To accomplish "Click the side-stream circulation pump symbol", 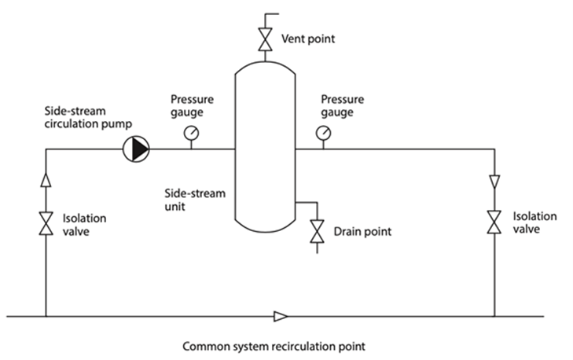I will (x=135, y=149).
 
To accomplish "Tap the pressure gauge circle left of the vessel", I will (x=191, y=134).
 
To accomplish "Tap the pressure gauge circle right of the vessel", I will (x=323, y=134).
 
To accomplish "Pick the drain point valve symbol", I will (x=317, y=232).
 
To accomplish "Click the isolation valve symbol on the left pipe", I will (x=46, y=222).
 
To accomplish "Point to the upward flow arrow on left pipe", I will (x=46, y=180).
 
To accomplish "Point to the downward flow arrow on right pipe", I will (x=494, y=182).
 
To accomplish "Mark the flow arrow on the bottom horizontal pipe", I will (x=280, y=317).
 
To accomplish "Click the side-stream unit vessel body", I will (x=264, y=149).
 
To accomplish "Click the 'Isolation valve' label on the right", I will (x=534, y=222).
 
